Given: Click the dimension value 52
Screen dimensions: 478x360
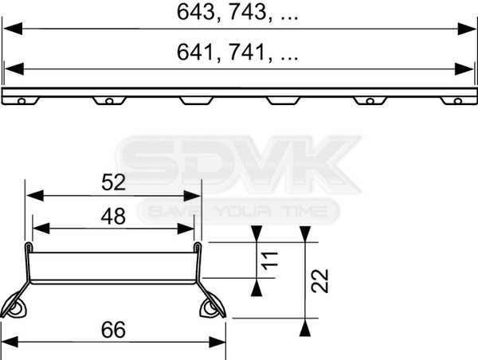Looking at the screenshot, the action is point(113,182).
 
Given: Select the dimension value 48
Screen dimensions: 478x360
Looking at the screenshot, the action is point(113,217).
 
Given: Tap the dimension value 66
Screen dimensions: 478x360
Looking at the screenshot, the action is point(113,330).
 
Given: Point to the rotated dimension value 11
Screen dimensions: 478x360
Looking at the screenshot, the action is point(270,261).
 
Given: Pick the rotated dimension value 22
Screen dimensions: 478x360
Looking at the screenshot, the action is point(319,281).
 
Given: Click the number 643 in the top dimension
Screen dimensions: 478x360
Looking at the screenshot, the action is point(196,13).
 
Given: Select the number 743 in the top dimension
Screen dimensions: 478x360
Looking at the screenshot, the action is point(247,13).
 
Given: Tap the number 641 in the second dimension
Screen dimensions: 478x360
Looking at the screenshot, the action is point(195,52).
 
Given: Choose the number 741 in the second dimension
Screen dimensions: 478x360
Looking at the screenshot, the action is point(247,52).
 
